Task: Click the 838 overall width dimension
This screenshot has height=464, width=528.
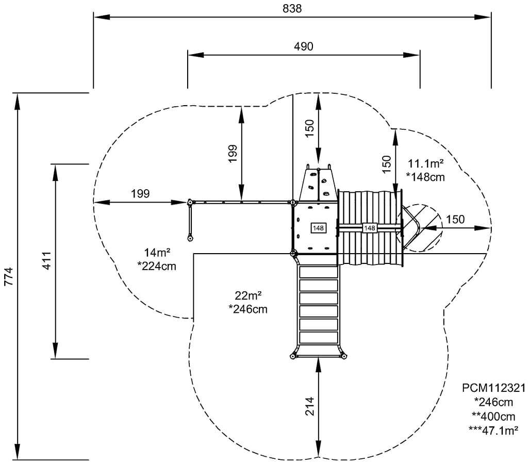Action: coord(292,8)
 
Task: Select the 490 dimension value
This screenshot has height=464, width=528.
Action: coord(303,46)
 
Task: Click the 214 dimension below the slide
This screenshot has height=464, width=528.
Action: coord(309,406)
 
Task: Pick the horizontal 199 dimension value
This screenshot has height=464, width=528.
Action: coord(140,194)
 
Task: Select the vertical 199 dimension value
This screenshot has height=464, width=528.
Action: coord(233,154)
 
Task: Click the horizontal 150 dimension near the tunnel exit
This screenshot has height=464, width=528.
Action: coord(455,219)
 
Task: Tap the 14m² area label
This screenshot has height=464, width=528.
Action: coord(157,252)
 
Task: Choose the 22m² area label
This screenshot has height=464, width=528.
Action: coord(248,295)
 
